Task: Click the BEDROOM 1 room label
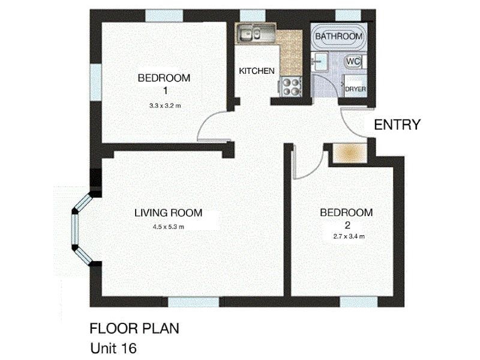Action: [164, 83]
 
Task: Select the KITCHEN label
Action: [257, 71]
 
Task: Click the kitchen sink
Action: [255, 34]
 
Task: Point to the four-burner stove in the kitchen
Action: [291, 88]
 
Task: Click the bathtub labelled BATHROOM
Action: [339, 37]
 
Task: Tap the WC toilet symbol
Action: [353, 61]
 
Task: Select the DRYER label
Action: [355, 89]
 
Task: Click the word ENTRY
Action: [397, 125]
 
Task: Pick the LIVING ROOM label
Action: [168, 212]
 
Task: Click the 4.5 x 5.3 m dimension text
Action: [168, 227]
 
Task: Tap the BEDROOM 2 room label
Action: [346, 219]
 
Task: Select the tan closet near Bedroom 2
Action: [349, 154]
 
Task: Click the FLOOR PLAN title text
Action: [134, 329]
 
